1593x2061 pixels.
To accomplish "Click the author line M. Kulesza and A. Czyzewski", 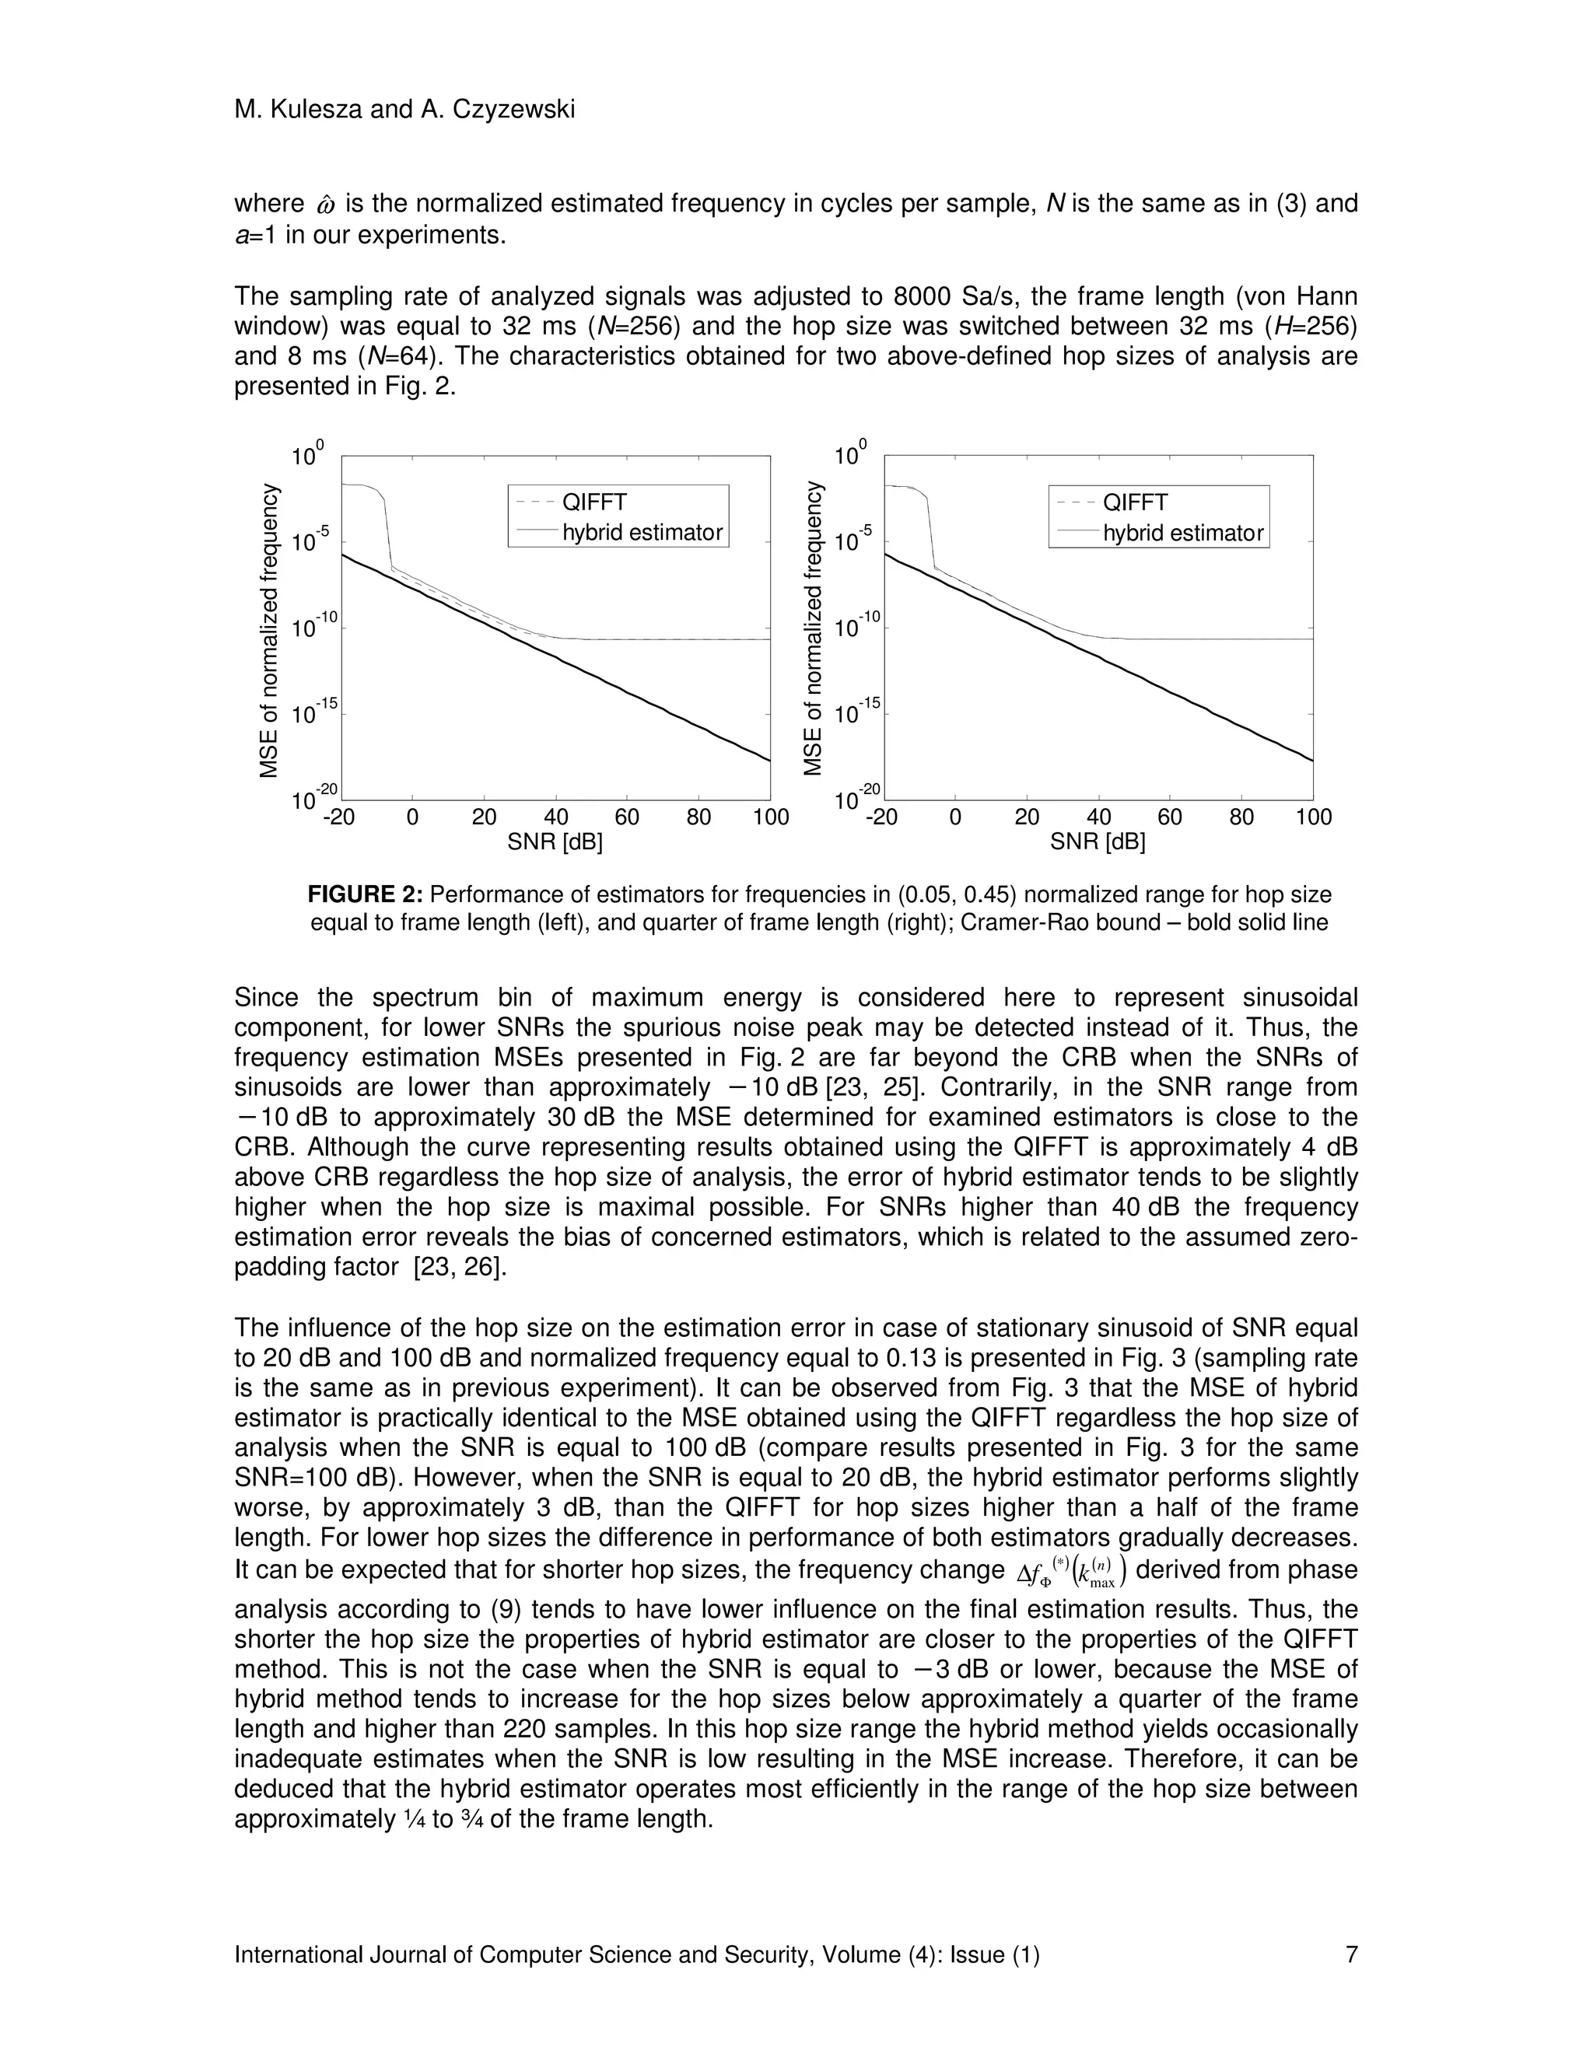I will pos(404,110).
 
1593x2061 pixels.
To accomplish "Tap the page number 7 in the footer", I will pos(1350,1954).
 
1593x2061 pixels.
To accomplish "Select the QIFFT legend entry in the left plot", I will pos(593,502).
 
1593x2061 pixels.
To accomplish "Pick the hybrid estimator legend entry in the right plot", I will pos(1182,534).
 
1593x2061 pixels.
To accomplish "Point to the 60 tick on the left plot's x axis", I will pos(627,817).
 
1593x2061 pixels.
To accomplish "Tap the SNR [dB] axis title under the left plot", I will pos(555,842).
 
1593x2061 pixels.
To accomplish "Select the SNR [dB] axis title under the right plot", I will pos(1098,842).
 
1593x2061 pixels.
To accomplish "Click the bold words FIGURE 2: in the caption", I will pos(368,894).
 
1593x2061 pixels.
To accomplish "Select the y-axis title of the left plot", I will pos(270,631).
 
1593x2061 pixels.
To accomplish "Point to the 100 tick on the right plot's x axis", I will pos(1313,817).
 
